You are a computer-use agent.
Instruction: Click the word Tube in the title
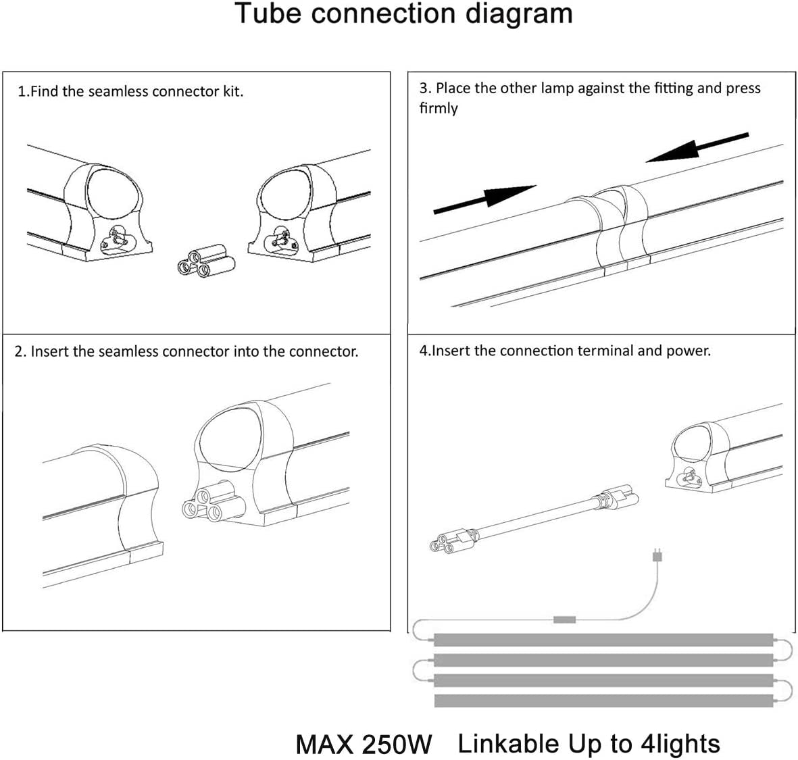pyautogui.click(x=268, y=14)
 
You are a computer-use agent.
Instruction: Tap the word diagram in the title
pyautogui.click(x=519, y=14)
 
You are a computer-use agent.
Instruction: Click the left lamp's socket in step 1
pyautogui.click(x=117, y=238)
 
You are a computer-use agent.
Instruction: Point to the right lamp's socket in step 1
pyautogui.click(x=277, y=238)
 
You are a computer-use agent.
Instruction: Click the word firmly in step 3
pyautogui.click(x=439, y=108)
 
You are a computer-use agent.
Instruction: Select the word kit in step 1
pyautogui.click(x=232, y=91)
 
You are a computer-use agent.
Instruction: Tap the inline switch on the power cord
pyautogui.click(x=564, y=619)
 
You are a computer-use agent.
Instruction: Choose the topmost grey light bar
pyautogui.click(x=602, y=639)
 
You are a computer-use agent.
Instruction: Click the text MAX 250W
pyautogui.click(x=364, y=744)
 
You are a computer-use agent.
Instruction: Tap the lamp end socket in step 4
pyautogui.click(x=687, y=476)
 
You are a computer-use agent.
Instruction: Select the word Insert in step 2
pyautogui.click(x=49, y=351)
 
